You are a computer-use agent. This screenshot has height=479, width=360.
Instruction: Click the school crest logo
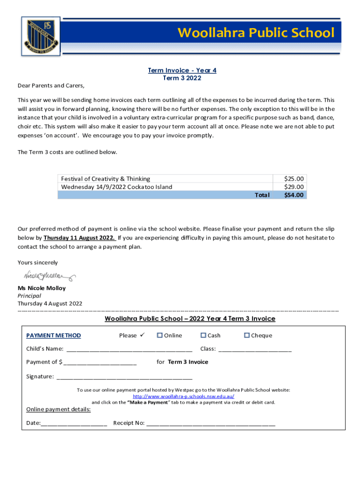click(40, 36)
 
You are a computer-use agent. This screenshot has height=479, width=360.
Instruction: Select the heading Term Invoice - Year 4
click(182, 70)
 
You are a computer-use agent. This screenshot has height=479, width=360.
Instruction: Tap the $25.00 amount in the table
click(294, 179)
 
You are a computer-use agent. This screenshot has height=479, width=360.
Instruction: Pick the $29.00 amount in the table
click(294, 187)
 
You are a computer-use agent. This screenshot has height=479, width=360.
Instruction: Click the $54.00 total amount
click(294, 195)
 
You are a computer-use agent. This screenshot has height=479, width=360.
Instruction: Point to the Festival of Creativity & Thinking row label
click(106, 179)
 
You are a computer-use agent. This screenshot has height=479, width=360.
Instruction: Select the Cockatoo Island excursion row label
click(116, 187)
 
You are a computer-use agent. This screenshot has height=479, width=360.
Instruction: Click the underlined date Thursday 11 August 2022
click(79, 238)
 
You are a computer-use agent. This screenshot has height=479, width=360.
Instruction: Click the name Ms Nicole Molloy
click(42, 288)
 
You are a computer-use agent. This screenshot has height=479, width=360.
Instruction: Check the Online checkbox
click(159, 335)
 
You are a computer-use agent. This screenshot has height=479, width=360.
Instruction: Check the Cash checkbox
click(203, 335)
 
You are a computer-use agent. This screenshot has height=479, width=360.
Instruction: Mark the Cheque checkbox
click(247, 335)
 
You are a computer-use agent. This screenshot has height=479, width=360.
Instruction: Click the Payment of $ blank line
click(100, 363)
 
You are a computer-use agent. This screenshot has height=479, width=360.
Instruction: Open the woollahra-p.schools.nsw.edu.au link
click(183, 396)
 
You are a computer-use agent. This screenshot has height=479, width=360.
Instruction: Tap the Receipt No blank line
click(210, 424)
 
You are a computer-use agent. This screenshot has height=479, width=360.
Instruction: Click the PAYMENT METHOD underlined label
click(53, 335)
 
